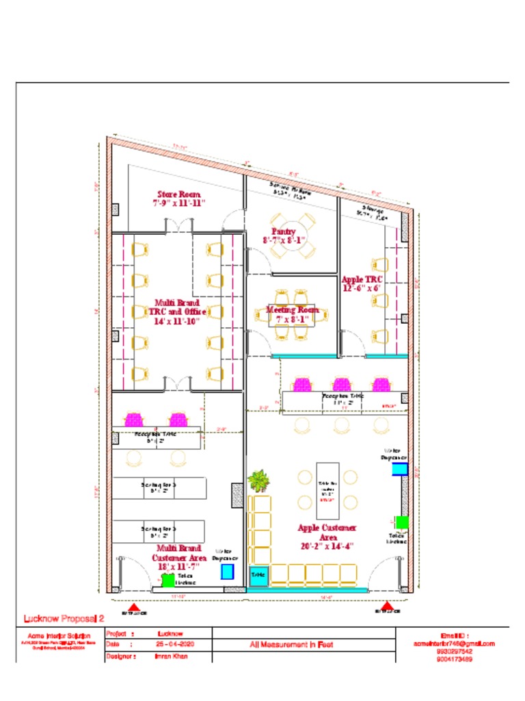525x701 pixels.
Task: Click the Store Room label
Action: pyautogui.click(x=178, y=199)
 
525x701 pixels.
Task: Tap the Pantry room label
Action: pyautogui.click(x=283, y=235)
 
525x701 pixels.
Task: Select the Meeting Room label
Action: pyautogui.click(x=293, y=314)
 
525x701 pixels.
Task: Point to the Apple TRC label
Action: pyautogui.click(x=362, y=283)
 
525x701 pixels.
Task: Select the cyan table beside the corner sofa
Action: pyautogui.click(x=258, y=576)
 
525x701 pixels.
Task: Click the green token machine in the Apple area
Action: pyautogui.click(x=402, y=522)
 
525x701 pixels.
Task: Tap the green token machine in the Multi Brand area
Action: pyautogui.click(x=167, y=580)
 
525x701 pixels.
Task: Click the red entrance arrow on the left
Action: pyautogui.click(x=135, y=607)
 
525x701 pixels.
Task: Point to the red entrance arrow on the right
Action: pyautogui.click(x=387, y=607)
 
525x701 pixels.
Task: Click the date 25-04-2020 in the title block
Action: pyautogui.click(x=171, y=645)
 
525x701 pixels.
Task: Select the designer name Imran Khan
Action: pyautogui.click(x=170, y=657)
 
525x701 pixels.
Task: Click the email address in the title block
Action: pyautogui.click(x=454, y=643)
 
